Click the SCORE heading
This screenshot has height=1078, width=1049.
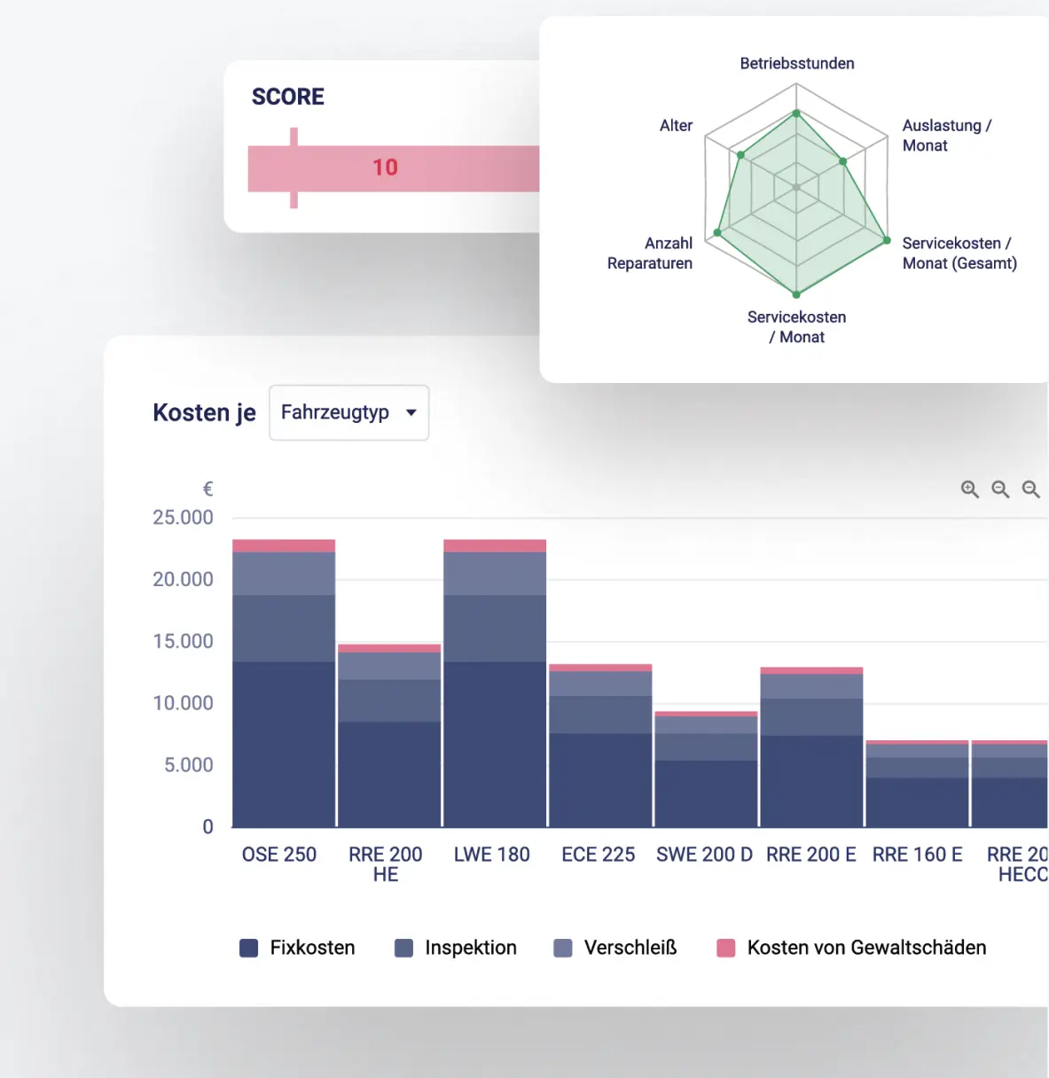pos(287,97)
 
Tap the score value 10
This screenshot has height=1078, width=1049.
pos(385,168)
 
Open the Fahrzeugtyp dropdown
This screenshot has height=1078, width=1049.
pos(348,412)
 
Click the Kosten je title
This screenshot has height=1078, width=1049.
pos(204,412)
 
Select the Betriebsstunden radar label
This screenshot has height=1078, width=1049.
pos(796,64)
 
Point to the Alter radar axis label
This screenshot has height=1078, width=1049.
pos(676,126)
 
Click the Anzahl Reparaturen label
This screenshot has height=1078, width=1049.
pos(650,254)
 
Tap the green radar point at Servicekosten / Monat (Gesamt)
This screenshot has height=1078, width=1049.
pos(887,240)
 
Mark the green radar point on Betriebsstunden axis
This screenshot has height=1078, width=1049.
pos(796,113)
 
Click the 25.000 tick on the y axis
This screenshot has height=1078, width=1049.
pos(183,518)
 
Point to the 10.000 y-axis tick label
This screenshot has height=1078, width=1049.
pos(183,703)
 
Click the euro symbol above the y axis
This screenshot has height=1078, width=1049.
pos(207,489)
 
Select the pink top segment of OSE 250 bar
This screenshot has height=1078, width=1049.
pos(284,546)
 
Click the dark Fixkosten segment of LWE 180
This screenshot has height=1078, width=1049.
pos(495,745)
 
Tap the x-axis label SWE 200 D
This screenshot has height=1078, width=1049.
pos(704,855)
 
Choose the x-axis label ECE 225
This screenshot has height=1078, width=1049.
pos(599,855)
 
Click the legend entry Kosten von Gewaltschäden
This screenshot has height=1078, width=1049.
pos(865,948)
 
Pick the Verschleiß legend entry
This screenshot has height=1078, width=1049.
pos(630,948)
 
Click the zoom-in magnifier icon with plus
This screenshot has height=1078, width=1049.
pos(970,489)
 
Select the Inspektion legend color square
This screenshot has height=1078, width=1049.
pos(403,949)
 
